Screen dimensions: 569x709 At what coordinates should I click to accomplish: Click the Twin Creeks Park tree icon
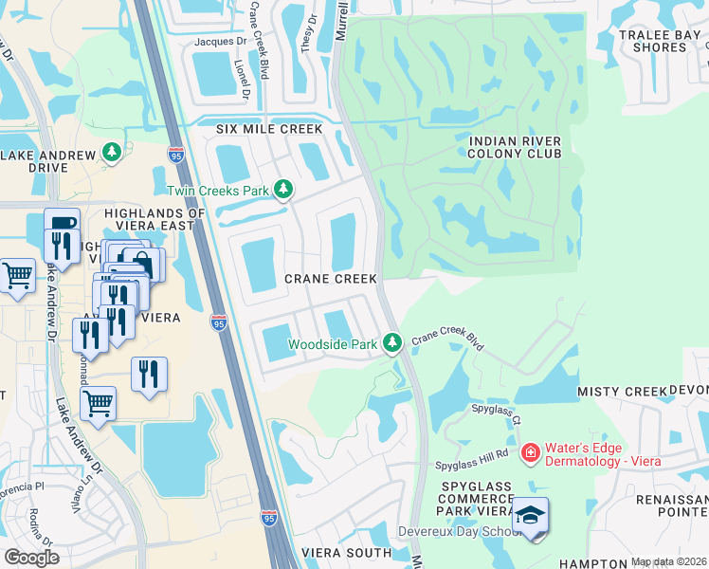(282, 191)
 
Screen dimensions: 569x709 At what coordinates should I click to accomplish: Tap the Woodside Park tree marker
(392, 343)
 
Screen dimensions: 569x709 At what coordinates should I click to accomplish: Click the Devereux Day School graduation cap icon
(531, 517)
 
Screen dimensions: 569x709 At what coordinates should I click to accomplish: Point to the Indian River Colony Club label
(516, 147)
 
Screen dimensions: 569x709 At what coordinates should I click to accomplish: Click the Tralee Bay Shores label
(660, 41)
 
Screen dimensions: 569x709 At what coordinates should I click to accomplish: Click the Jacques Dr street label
(219, 42)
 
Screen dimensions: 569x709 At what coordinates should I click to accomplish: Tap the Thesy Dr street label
(307, 39)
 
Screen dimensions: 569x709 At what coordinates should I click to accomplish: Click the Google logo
(32, 557)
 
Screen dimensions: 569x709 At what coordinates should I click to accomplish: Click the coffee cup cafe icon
(63, 224)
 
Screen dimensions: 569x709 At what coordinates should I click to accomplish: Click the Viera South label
(346, 552)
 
